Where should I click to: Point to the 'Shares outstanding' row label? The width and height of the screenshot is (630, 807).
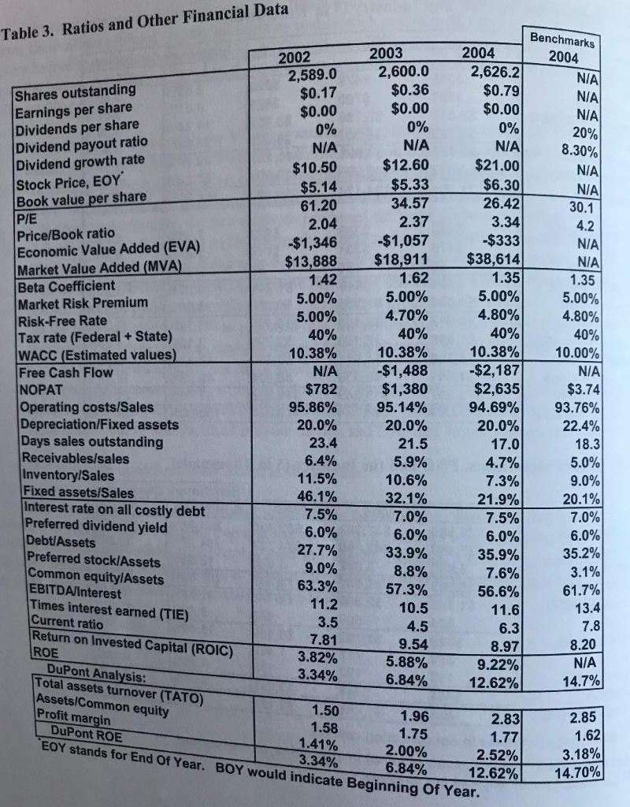click(x=75, y=93)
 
